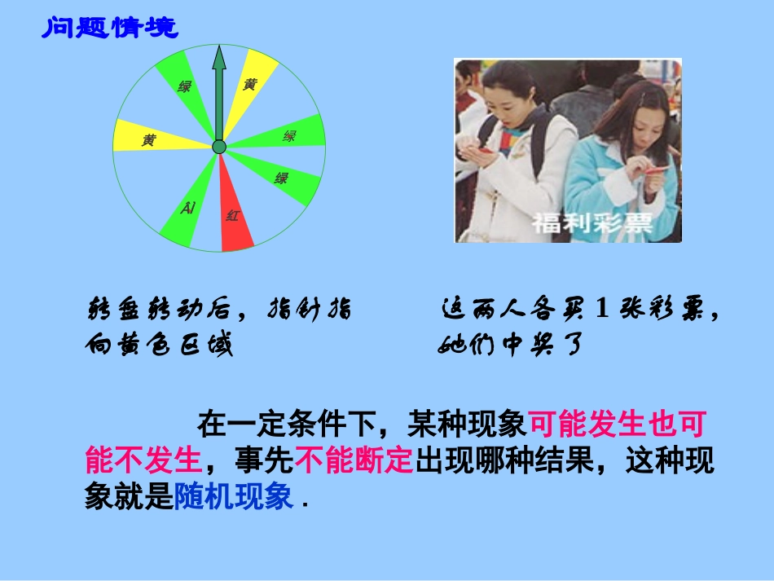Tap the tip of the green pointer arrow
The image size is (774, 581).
coord(218,49)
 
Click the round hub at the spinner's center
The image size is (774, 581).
coord(218,147)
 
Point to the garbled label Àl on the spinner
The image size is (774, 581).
coord(188,209)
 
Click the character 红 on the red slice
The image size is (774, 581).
coord(233,216)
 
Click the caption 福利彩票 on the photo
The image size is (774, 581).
coord(592,222)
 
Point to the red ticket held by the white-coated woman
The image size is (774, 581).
coord(486,150)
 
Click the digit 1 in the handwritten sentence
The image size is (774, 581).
coord(603,310)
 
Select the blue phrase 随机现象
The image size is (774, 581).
coord(233,495)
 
